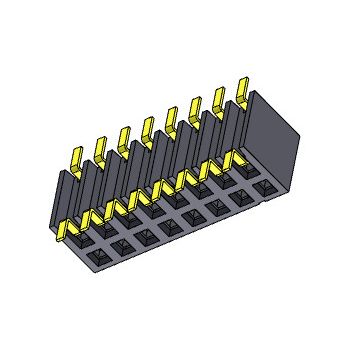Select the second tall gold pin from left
tap(100, 147)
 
